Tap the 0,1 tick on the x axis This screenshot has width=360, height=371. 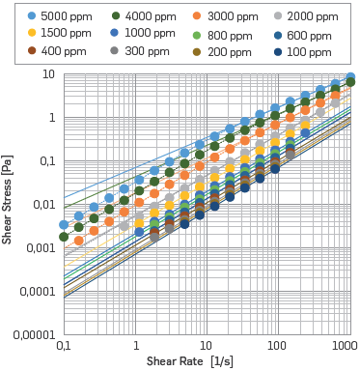click(x=64, y=345)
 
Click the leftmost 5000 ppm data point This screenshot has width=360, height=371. click(x=64, y=224)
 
